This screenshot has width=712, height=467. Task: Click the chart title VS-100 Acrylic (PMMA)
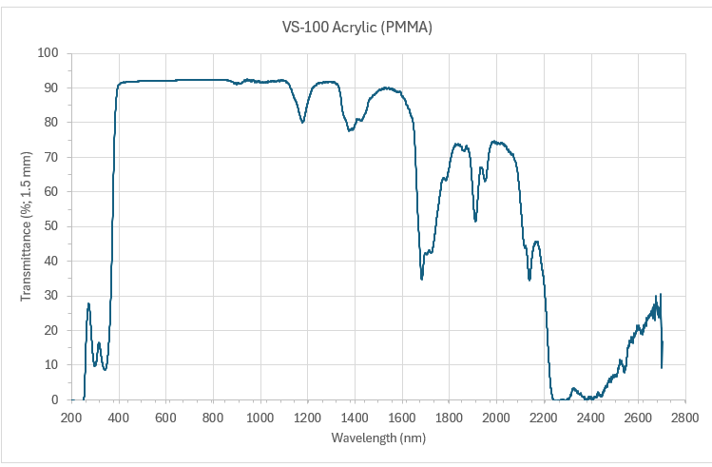(x=356, y=28)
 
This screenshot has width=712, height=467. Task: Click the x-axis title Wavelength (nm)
(x=377, y=438)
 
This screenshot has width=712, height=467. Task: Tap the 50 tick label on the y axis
(x=51, y=226)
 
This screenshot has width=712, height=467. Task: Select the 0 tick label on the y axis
(x=55, y=399)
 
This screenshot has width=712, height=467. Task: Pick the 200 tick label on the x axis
(x=71, y=418)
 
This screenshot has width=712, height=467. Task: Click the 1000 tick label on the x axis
(x=260, y=418)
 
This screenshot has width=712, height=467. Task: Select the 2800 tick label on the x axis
(x=684, y=418)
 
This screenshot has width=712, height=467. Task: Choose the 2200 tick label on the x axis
(x=543, y=418)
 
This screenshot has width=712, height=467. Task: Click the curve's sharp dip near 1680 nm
(x=422, y=278)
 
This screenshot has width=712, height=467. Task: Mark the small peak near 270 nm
(x=88, y=303)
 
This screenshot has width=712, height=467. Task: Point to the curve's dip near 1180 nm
(x=303, y=122)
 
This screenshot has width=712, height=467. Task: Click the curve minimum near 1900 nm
(x=475, y=221)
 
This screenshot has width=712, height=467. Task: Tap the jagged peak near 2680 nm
(x=660, y=295)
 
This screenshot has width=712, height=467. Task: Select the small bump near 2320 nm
(x=573, y=388)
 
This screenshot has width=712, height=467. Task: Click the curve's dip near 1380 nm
(x=350, y=130)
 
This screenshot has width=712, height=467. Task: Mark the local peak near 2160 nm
(x=537, y=242)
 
